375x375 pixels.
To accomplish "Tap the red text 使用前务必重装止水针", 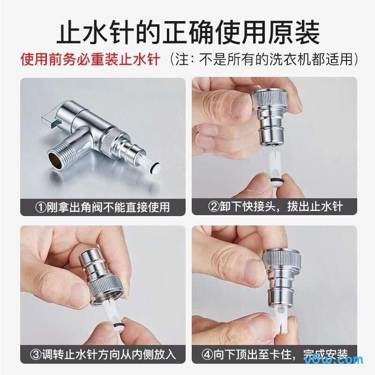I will point(90,60).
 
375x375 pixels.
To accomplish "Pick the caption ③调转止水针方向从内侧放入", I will point(103,354).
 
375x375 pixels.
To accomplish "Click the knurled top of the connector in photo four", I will point(278,258).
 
